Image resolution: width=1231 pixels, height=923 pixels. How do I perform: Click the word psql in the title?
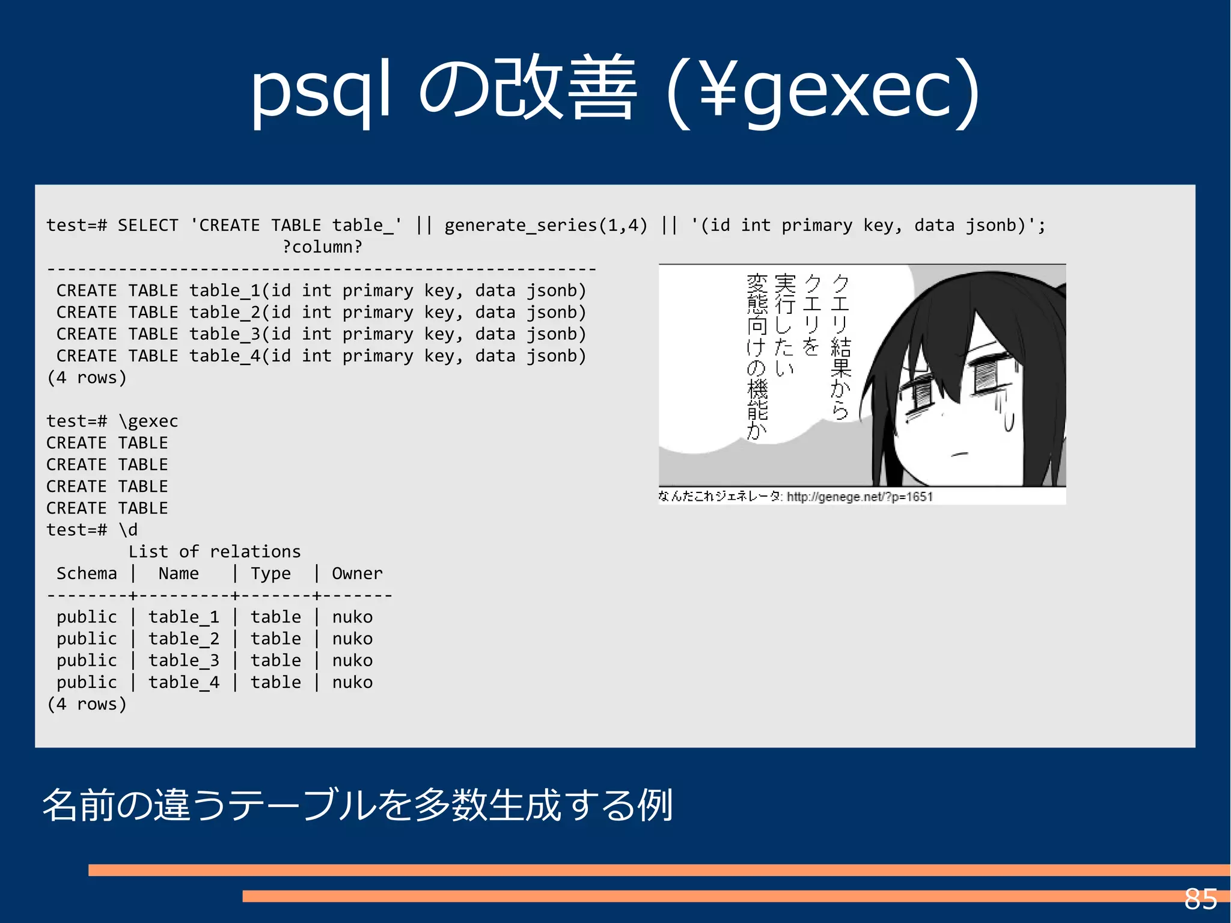tap(320, 90)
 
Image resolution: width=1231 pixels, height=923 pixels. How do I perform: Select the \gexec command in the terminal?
tap(148, 421)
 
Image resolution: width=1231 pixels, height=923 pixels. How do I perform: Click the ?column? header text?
tap(322, 247)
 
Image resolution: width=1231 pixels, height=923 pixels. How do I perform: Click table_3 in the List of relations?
tap(183, 660)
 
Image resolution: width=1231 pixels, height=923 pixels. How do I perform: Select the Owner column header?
tap(357, 574)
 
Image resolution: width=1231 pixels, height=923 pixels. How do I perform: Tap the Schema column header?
tap(87, 574)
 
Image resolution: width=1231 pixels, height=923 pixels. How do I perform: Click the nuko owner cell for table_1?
tap(352, 617)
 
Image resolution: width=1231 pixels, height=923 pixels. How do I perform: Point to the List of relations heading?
tap(214, 551)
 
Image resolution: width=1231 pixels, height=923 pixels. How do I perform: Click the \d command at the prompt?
tap(128, 530)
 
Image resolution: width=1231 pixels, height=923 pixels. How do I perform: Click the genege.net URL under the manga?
tap(860, 497)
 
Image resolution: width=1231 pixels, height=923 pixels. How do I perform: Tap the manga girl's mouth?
tap(960, 453)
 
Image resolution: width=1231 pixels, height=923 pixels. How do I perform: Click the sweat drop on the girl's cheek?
tap(1009, 421)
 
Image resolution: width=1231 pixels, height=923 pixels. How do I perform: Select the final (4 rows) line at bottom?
tap(87, 704)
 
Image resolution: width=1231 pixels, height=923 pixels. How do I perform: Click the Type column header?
tap(270, 574)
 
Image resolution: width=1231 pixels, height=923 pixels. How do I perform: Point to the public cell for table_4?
tap(87, 682)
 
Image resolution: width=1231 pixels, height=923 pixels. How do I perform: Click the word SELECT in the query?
tap(148, 225)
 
